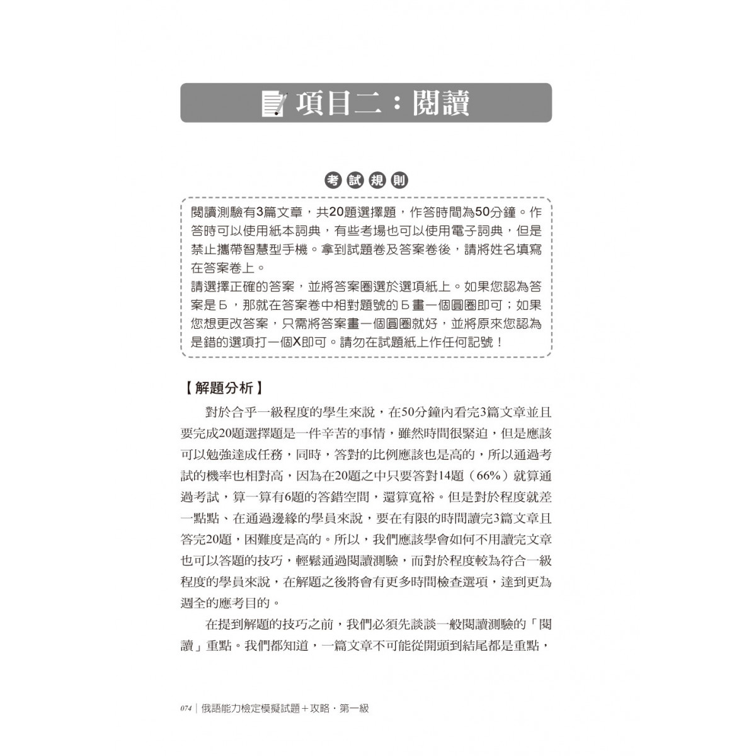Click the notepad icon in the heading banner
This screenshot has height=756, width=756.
273,104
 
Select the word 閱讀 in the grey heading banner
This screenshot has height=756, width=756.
441,104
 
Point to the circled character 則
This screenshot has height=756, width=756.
399,180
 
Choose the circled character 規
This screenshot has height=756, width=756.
377,180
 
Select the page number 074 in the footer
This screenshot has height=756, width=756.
185,709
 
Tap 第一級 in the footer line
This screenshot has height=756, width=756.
353,709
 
